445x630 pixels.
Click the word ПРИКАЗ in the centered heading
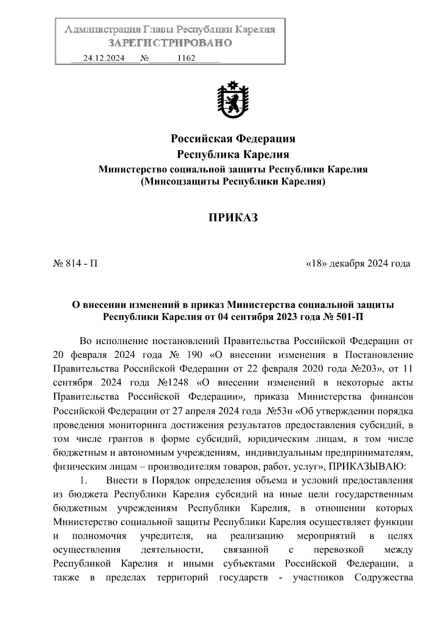point(233,218)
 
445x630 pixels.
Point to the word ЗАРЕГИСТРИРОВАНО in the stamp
point(170,43)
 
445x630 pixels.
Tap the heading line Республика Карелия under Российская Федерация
point(233,154)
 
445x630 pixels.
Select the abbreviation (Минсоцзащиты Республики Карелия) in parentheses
point(233,182)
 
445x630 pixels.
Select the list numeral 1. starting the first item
point(84,480)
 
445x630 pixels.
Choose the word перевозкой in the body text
point(338,549)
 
